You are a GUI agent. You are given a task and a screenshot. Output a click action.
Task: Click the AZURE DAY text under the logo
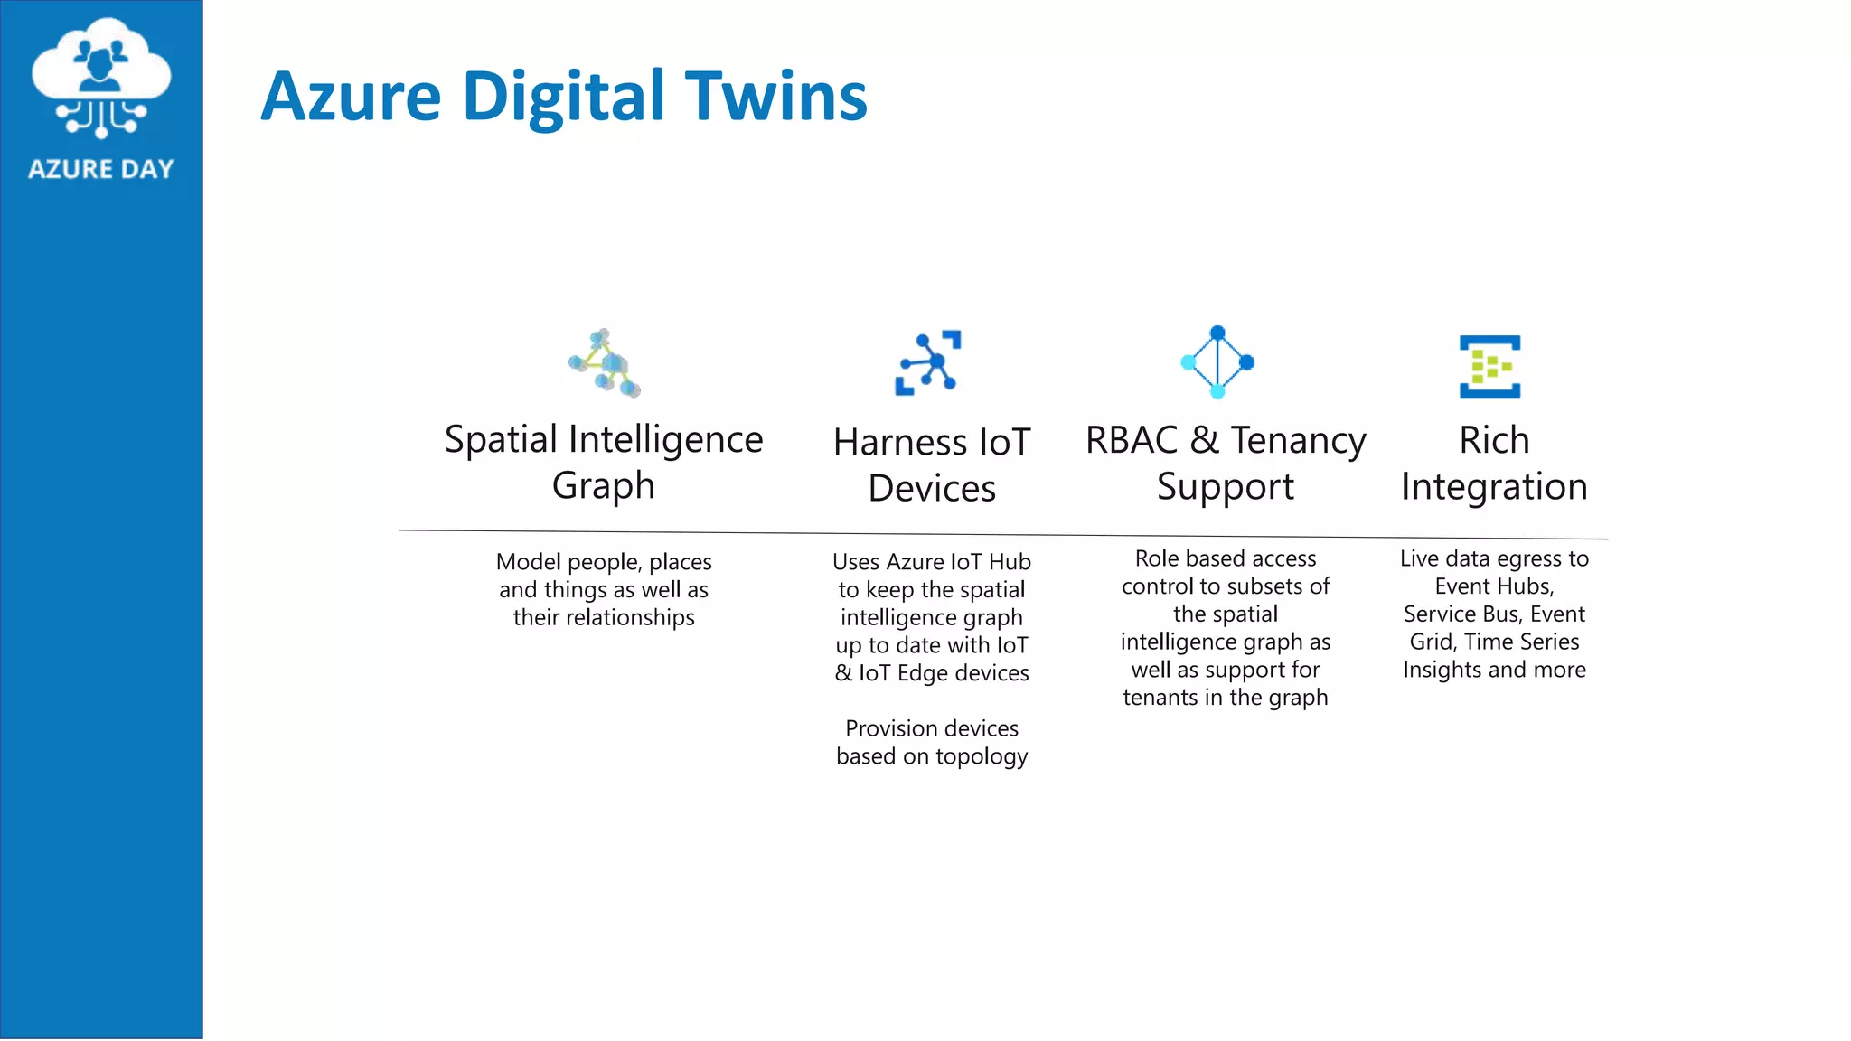pos(100,169)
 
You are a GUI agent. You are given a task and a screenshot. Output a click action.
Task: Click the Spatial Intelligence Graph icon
pos(605,363)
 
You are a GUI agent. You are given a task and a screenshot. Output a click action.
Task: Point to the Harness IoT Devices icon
pos(928,362)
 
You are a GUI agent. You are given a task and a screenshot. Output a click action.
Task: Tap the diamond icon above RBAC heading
pos(1217,362)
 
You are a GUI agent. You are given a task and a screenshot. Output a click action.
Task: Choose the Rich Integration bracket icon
pos(1489,366)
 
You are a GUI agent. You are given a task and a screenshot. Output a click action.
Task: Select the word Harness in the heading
pos(888,443)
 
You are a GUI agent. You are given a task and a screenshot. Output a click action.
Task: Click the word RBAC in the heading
pos(1132,440)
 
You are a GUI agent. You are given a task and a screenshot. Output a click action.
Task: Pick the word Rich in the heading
pos(1494,440)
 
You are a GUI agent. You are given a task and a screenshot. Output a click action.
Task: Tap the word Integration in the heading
pos(1494,487)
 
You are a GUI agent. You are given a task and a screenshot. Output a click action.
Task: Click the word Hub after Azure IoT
pos(1010,562)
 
